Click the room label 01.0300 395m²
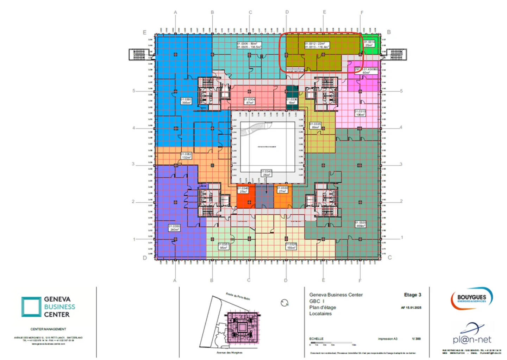[x=186, y=101]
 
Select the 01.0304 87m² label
[x=249, y=101]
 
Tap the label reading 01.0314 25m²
[x=369, y=44]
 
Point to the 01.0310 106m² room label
[x=360, y=113]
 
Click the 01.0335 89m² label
[x=315, y=126]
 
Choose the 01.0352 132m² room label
[x=186, y=156]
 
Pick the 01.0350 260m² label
[x=174, y=228]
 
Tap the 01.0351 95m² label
[x=224, y=246]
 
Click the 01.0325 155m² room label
[x=291, y=246]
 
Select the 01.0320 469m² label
[x=360, y=224]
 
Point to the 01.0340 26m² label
[x=266, y=173]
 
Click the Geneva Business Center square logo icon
[x=31, y=307]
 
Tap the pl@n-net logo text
[x=472, y=339]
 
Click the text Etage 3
[x=412, y=295]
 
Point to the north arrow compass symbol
[x=284, y=303]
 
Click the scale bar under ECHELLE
[x=331, y=342]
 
